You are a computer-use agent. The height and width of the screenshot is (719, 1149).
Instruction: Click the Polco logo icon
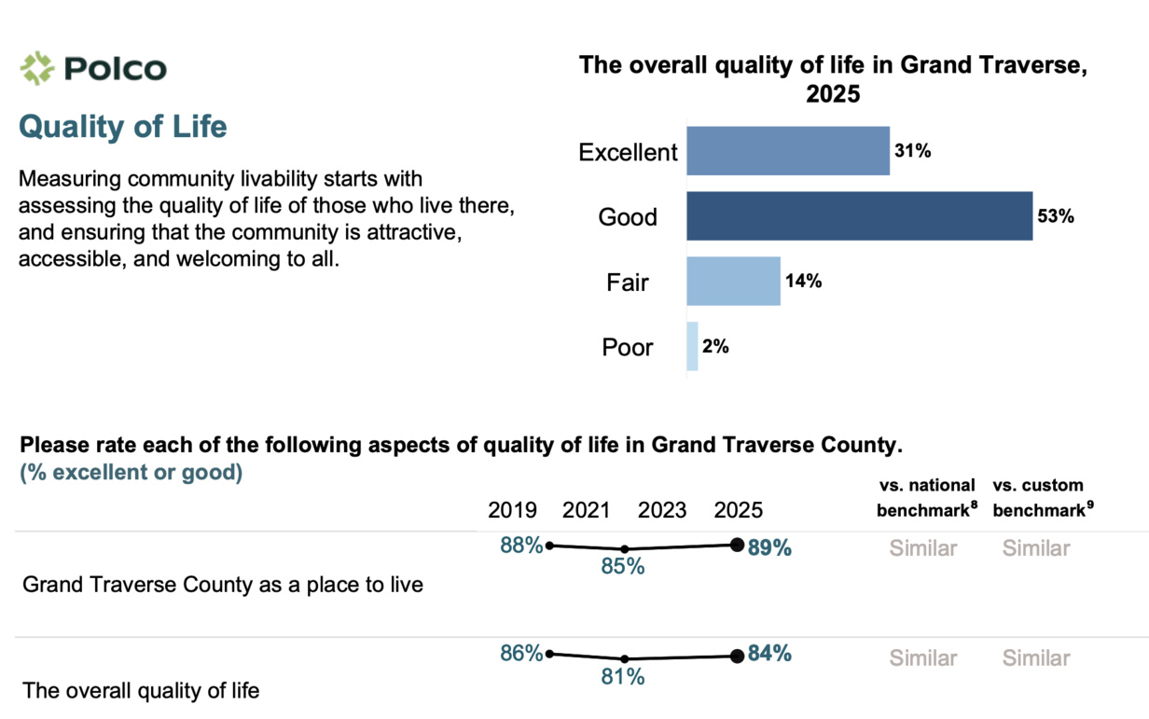(x=38, y=68)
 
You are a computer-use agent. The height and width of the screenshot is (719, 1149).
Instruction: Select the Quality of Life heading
(x=123, y=127)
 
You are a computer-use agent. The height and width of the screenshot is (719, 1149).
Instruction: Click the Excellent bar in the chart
(x=788, y=151)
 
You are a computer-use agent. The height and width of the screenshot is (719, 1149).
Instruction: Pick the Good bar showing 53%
(x=859, y=216)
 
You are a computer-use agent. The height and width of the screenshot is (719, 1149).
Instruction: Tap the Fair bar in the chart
(x=733, y=282)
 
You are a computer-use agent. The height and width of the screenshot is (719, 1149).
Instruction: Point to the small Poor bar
(x=692, y=347)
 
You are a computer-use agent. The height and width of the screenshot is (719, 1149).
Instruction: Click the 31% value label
(x=913, y=151)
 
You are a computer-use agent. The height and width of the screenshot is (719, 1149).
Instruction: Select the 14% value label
(x=803, y=282)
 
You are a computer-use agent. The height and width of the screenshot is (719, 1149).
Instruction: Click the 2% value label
(x=715, y=347)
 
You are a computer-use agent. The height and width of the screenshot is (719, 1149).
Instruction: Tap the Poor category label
(x=628, y=348)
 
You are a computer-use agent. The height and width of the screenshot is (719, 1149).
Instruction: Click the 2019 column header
(x=512, y=510)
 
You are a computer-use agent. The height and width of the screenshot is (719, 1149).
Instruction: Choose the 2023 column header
(x=662, y=510)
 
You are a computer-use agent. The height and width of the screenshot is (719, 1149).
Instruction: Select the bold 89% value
(x=769, y=548)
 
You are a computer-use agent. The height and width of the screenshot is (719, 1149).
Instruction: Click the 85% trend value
(x=622, y=566)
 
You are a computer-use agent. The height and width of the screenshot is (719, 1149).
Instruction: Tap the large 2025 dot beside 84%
(x=737, y=656)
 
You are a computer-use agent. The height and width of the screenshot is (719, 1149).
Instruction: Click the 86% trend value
(x=521, y=655)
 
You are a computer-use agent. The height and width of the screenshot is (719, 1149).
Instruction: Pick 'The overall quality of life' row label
(x=141, y=691)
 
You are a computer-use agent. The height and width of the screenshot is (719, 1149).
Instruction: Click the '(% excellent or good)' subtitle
(x=132, y=473)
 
